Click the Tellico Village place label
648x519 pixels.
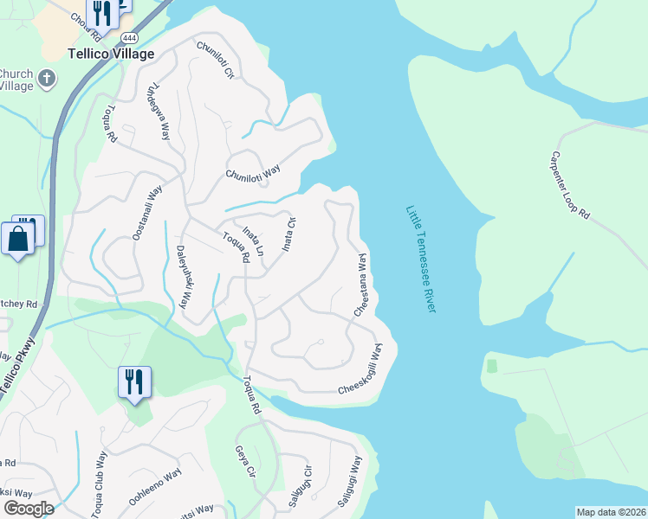pos(111,54)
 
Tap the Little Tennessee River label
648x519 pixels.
pos(421,259)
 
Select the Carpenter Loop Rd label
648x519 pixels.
pos(569,186)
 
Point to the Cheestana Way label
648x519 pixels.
pos(361,285)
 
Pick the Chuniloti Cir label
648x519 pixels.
pos(216,61)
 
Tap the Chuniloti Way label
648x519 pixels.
pos(253,172)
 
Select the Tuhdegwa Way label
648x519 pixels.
pos(159,111)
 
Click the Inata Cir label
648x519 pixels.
pos(289,234)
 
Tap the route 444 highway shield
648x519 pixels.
pos(130,39)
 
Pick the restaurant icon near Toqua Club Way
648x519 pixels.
pos(133,381)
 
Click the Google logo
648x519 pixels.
pos(28,508)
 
